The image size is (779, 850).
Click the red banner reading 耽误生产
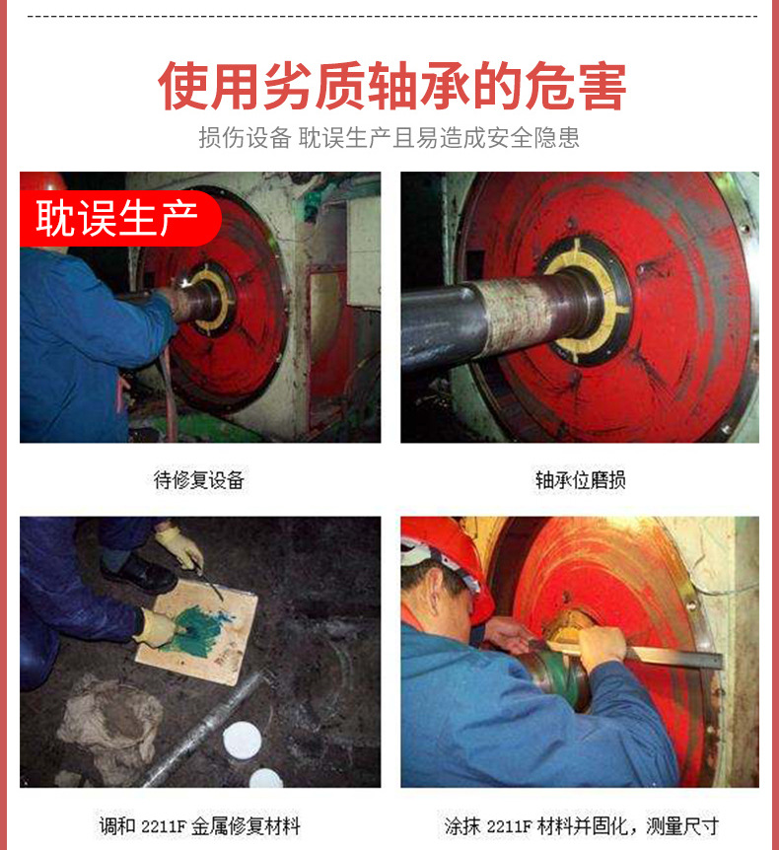pos(120,218)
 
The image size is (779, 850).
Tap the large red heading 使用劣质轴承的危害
pos(391,86)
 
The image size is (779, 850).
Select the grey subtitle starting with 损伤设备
pos(389,138)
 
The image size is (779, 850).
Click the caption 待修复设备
pos(199,480)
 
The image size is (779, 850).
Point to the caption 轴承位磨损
pos(580,480)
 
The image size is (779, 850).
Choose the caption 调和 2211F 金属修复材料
pos(199,825)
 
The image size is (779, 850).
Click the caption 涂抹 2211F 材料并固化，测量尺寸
pos(581,825)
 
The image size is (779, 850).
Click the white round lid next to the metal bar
pos(242,741)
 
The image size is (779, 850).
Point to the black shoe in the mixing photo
pos(139,575)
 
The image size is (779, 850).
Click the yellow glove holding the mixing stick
pos(178,546)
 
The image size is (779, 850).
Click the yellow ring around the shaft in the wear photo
pos(588,301)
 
